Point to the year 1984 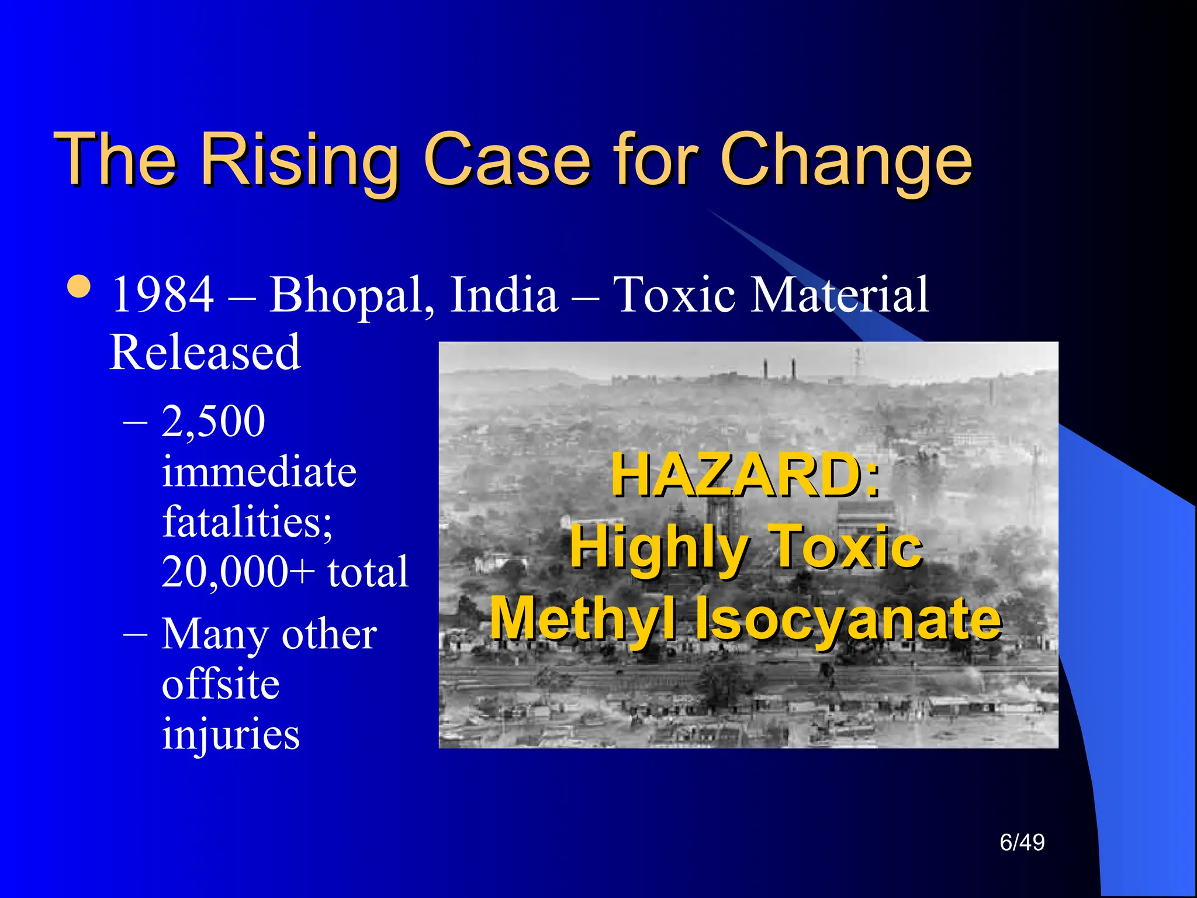tap(162, 295)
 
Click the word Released tap(205, 353)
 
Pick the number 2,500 tap(213, 421)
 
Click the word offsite tap(220, 684)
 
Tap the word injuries tap(230, 734)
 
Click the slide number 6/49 tap(1022, 842)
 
